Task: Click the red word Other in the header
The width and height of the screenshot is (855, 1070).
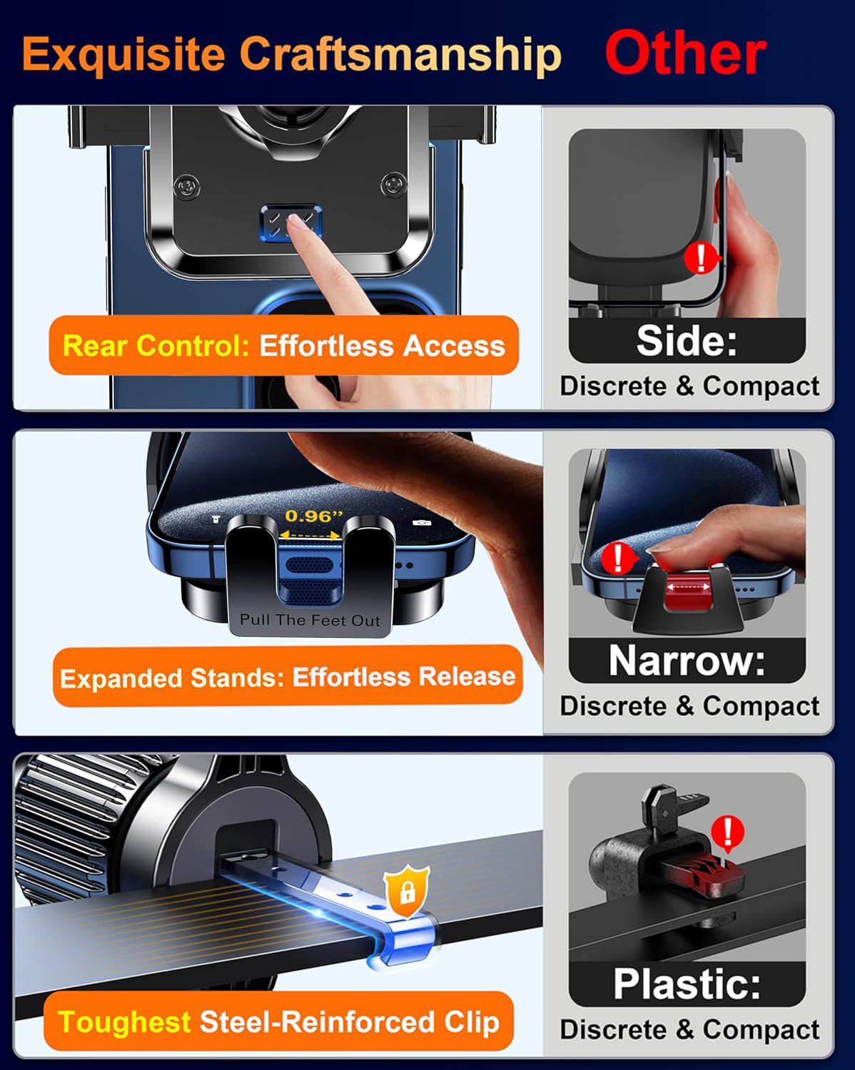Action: [685, 53]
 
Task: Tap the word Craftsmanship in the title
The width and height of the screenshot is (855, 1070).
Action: [400, 53]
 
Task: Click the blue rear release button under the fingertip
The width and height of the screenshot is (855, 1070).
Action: [290, 223]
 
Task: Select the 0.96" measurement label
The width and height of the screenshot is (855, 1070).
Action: [313, 516]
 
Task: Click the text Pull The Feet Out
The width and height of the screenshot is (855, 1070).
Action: [310, 620]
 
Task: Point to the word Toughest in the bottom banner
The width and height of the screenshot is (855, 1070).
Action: [123, 1022]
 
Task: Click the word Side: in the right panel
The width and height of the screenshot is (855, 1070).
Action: [687, 340]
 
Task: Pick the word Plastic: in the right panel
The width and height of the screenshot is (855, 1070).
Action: [687, 984]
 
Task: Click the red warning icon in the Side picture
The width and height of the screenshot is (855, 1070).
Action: [702, 257]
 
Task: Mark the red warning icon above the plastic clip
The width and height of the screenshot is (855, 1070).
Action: [728, 832]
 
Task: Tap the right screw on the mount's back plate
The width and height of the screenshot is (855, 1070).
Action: [393, 185]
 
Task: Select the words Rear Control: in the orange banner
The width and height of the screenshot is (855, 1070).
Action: [156, 346]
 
